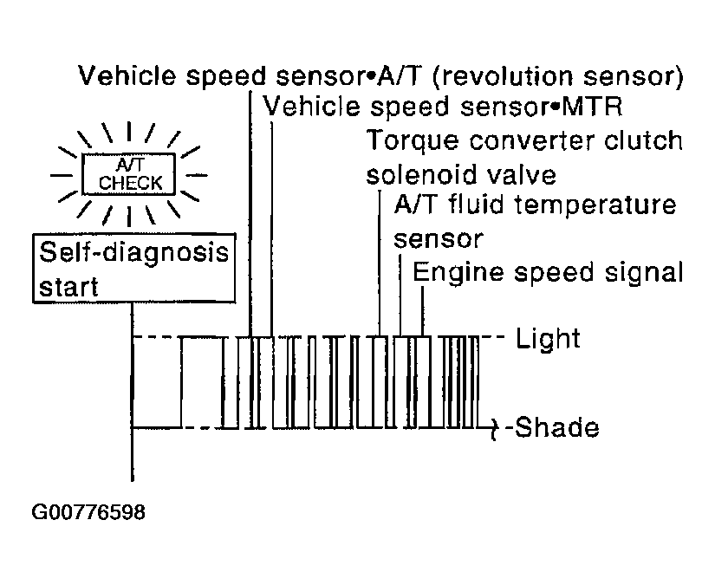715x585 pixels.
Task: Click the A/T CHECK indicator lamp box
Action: tap(128, 174)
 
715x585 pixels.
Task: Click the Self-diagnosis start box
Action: tap(134, 269)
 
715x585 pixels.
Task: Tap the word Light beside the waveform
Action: tap(548, 338)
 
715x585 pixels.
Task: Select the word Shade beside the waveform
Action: tap(556, 427)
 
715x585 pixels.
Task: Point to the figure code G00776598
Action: tap(88, 511)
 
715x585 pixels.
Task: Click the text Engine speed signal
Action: tap(548, 273)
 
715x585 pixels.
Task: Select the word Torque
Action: tap(413, 141)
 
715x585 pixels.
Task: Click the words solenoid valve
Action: tap(461, 174)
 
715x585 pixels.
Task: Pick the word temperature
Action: tap(595, 205)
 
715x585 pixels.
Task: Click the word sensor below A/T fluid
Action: tap(439, 239)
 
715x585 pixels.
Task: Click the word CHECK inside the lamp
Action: tap(130, 183)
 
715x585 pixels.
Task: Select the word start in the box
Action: tap(68, 287)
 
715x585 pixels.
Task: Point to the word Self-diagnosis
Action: tap(134, 253)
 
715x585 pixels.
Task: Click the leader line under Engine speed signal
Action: tap(422, 311)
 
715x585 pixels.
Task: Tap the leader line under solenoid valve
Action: tap(380, 263)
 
